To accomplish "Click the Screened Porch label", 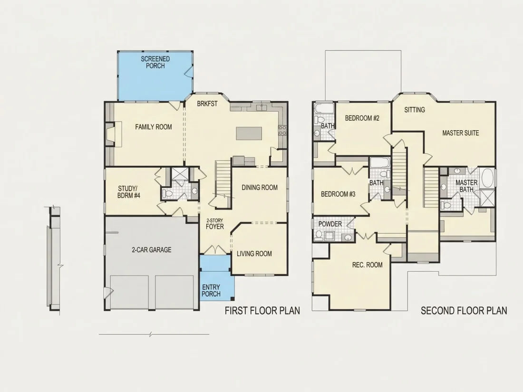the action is (155, 62).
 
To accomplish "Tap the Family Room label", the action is (154, 127).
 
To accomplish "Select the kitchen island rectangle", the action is (249, 134).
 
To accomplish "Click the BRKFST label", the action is (207, 104).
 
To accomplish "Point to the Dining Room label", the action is (260, 188).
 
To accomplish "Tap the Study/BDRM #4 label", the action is (129, 192).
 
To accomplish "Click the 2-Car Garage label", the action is (151, 249).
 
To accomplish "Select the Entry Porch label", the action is (211, 290).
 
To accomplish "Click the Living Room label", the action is (254, 254).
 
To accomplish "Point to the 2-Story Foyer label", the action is (215, 224).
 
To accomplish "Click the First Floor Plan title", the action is (262, 311).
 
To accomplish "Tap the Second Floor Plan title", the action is (464, 311).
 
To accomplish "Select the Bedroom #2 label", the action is (362, 118).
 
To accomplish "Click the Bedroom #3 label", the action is (338, 194).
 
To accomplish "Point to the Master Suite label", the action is (461, 133).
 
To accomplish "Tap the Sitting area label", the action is (415, 110).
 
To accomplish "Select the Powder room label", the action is (330, 224).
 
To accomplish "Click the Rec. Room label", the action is (367, 265).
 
